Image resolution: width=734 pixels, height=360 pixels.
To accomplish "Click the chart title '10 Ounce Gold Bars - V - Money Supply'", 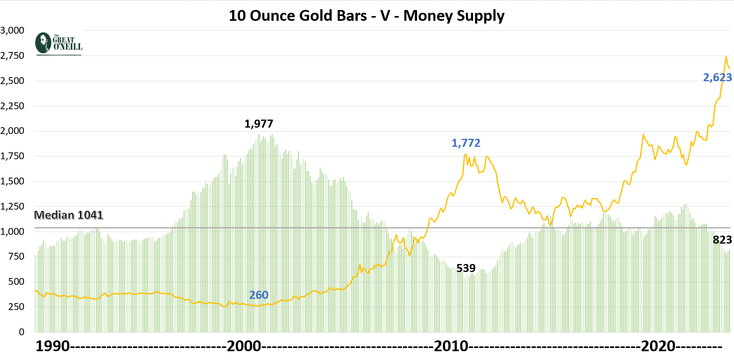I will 366,16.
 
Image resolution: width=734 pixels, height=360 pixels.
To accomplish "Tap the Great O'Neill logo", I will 59,44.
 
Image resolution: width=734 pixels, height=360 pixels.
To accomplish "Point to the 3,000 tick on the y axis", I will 12,30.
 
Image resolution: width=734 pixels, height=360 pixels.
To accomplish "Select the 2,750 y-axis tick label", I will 12,56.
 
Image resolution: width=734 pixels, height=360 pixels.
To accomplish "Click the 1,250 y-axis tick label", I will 12,206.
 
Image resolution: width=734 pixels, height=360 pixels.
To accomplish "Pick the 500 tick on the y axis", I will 16,282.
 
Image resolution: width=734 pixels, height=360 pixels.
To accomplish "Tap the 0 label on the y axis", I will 22,332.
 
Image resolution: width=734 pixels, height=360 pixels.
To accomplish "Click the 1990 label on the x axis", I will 52,346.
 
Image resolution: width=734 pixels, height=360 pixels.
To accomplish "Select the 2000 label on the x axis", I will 244,346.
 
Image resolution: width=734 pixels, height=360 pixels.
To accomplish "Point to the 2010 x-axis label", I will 451,346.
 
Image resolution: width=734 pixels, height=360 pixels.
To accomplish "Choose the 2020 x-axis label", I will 658,346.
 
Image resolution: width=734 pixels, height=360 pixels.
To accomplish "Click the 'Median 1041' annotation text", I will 68,215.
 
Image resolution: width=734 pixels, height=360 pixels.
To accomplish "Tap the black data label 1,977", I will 259,124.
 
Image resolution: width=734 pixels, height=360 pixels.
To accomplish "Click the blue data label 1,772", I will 465,143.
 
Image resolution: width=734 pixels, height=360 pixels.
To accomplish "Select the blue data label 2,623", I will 717,77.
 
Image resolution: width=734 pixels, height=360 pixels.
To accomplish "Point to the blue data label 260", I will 259,295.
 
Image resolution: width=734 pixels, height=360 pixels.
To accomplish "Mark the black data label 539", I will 466,268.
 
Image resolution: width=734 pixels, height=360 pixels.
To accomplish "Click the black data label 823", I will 722,240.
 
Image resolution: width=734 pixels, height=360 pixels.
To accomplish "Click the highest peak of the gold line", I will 726,57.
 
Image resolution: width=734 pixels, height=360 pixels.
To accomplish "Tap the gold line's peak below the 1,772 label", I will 466,154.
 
